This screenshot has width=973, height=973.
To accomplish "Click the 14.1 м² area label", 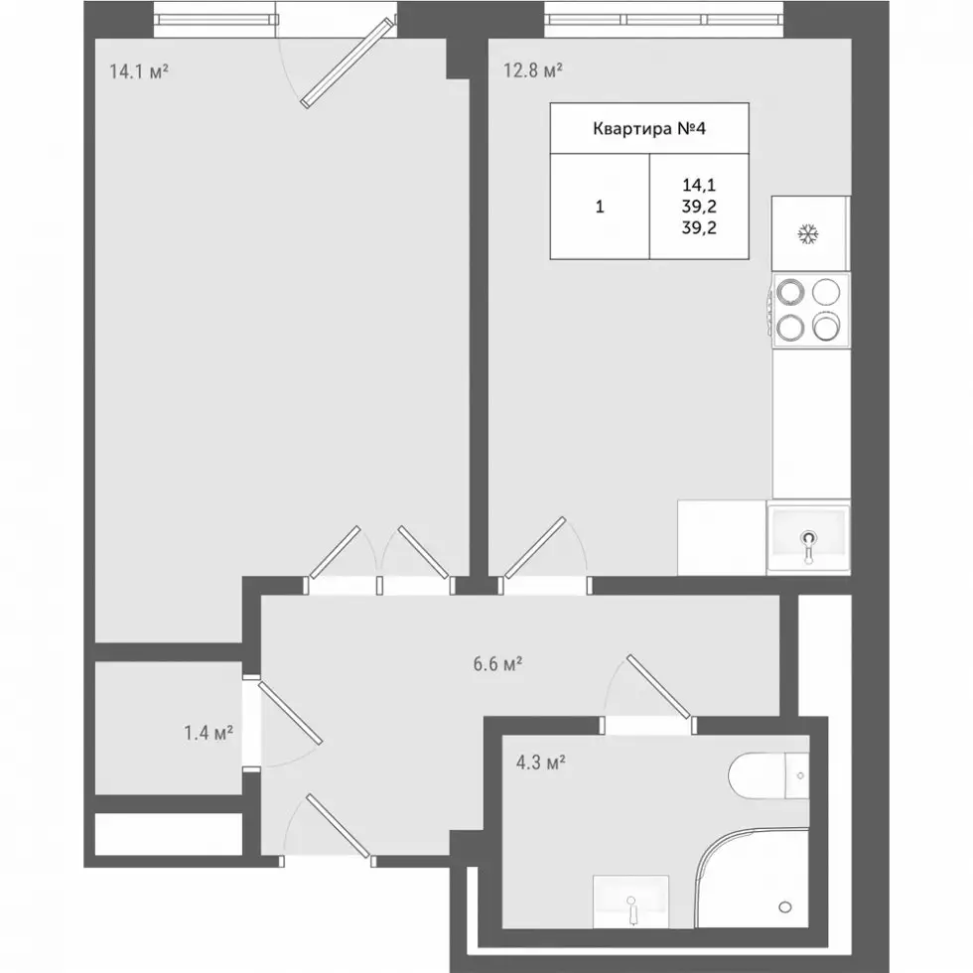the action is tap(139, 71).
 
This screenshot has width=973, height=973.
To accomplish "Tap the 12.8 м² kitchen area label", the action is tap(532, 70).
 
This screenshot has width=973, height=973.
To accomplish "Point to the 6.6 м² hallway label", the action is tap(497, 664).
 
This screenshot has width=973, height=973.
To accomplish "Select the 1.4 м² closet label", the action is tap(208, 733).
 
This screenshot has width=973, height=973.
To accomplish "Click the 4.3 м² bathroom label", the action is tap(540, 763).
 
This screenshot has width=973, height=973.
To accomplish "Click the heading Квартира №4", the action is tap(649, 128).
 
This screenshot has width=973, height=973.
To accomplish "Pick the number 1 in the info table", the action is tap(600, 207).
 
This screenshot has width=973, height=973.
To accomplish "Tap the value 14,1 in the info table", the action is tap(699, 185).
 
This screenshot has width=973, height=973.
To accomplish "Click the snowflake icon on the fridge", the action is tap(808, 234).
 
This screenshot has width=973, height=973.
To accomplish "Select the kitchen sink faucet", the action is tap(808, 545).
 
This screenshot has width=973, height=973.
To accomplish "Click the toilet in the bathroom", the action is tap(768, 775).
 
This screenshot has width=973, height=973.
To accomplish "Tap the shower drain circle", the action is tap(785, 907).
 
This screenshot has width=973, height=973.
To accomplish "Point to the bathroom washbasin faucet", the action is tap(631, 907).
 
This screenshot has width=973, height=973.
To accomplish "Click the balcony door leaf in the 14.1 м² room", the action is tap(347, 64).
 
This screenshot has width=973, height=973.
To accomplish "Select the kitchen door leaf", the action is tap(535, 547).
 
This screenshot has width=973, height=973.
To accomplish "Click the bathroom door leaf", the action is tap(659, 686).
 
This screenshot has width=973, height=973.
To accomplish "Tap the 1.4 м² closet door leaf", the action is tap(290, 713).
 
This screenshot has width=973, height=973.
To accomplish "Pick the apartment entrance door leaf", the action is tap(339, 825).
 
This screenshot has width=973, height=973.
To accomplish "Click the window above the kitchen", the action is tap(664, 20).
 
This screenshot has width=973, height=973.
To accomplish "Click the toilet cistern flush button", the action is tap(800, 775).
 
